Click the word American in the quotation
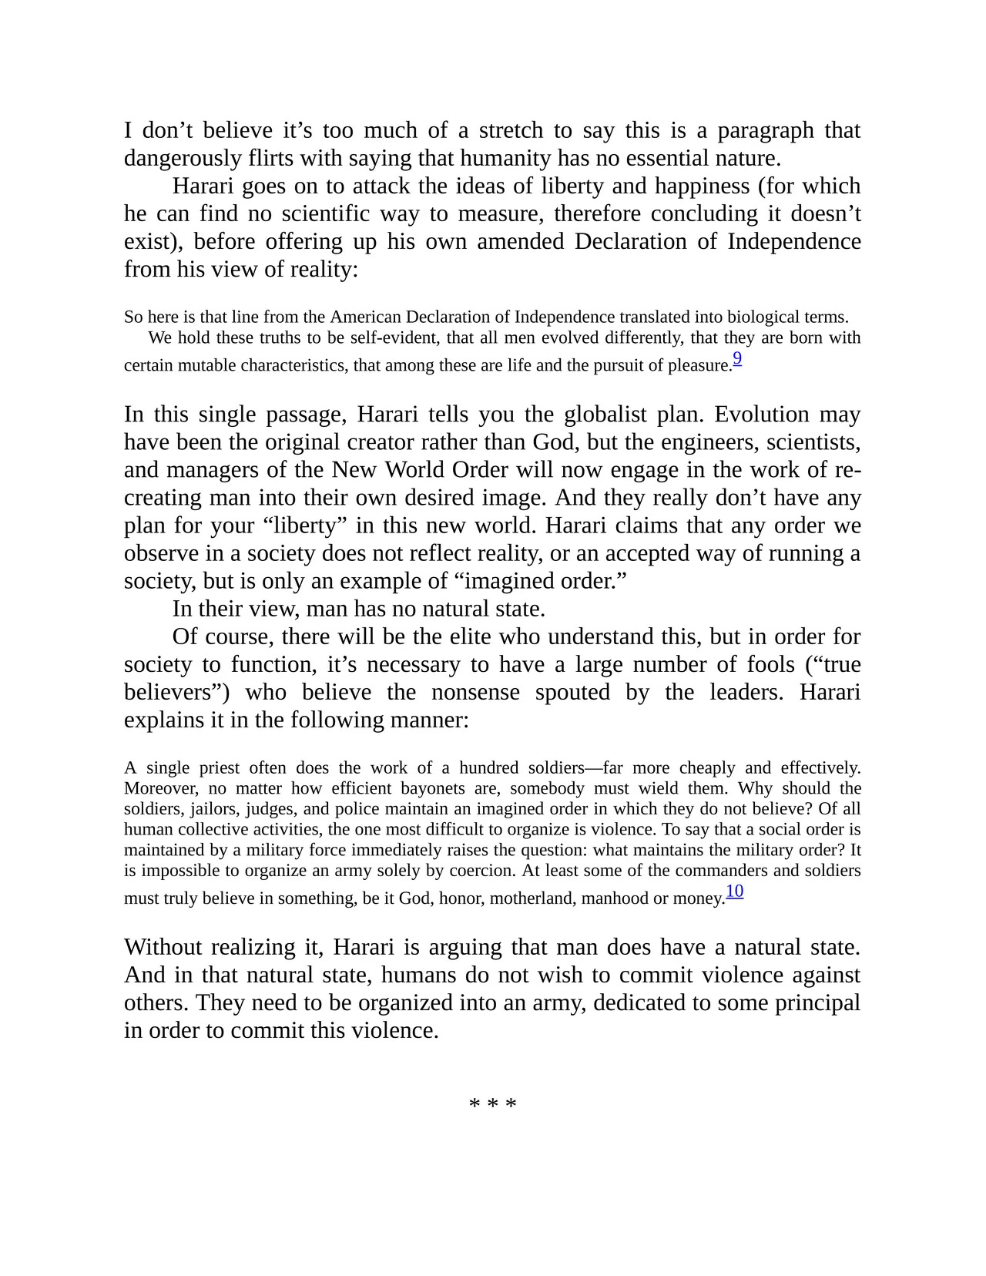[366, 317]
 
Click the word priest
[219, 768]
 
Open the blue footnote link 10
[735, 892]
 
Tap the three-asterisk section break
[493, 1104]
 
